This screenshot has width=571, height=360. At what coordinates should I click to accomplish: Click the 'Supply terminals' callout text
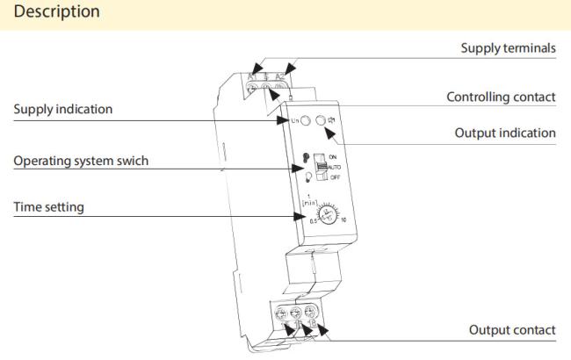(509, 49)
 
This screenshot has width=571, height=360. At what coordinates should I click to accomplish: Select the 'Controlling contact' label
(501, 97)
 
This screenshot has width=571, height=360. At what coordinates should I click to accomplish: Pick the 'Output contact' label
(513, 329)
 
